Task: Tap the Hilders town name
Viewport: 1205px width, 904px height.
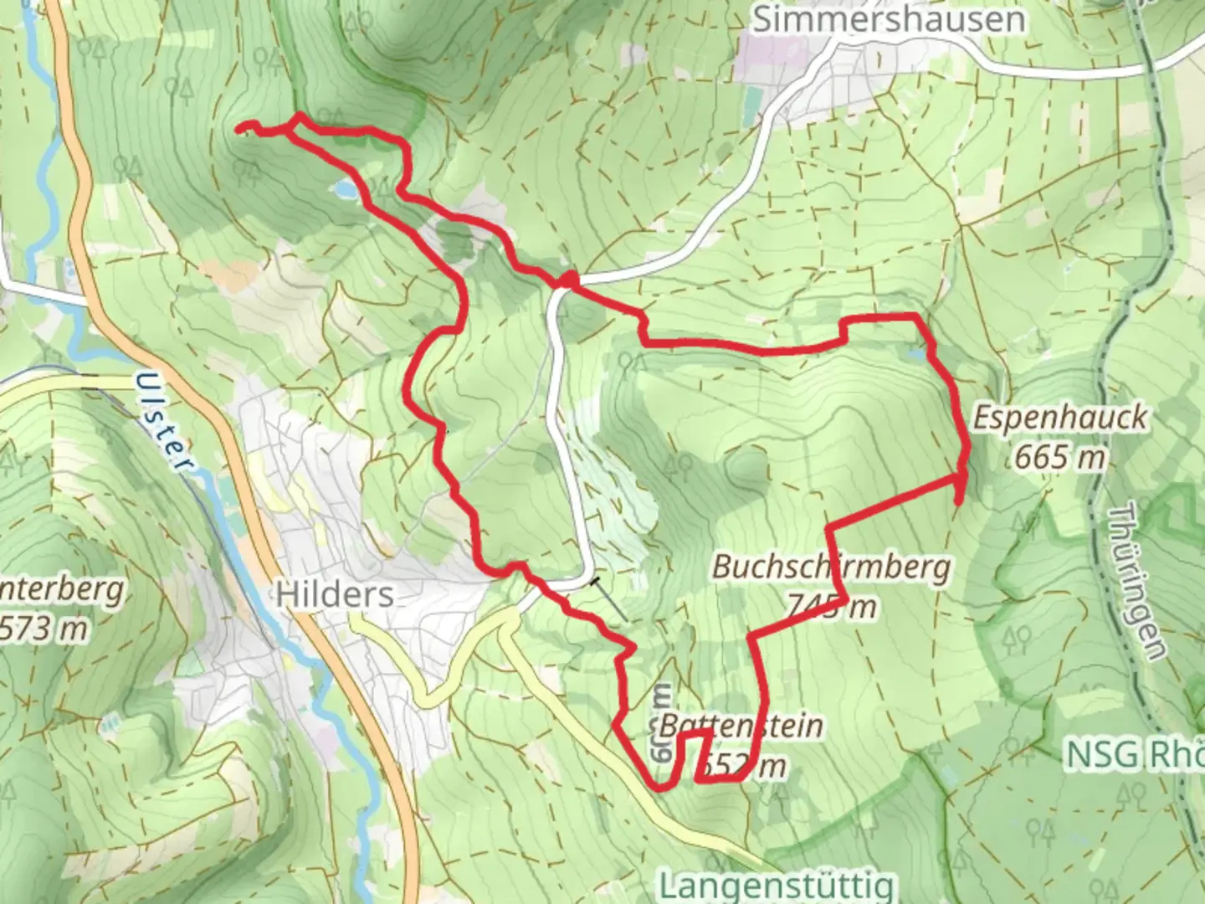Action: click(335, 595)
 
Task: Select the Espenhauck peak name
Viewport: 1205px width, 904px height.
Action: click(1059, 418)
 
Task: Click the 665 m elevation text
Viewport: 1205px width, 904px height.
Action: click(1059, 457)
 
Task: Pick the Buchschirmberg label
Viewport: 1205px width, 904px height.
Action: click(831, 568)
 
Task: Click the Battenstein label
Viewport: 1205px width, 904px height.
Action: click(741, 726)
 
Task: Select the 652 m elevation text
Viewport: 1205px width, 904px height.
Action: click(741, 765)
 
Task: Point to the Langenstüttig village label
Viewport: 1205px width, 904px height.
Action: click(777, 885)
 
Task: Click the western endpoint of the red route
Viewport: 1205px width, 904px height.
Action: click(238, 129)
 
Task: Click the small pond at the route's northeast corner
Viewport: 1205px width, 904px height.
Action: click(916, 355)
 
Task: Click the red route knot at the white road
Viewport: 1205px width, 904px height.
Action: click(567, 280)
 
